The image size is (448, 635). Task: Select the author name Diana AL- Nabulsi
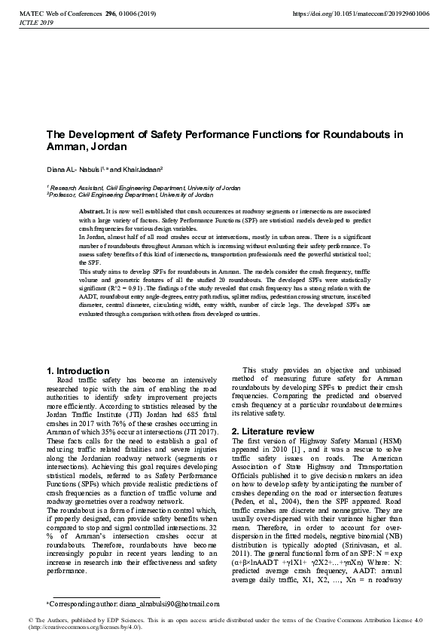72,170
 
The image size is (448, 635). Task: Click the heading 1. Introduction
78,371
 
